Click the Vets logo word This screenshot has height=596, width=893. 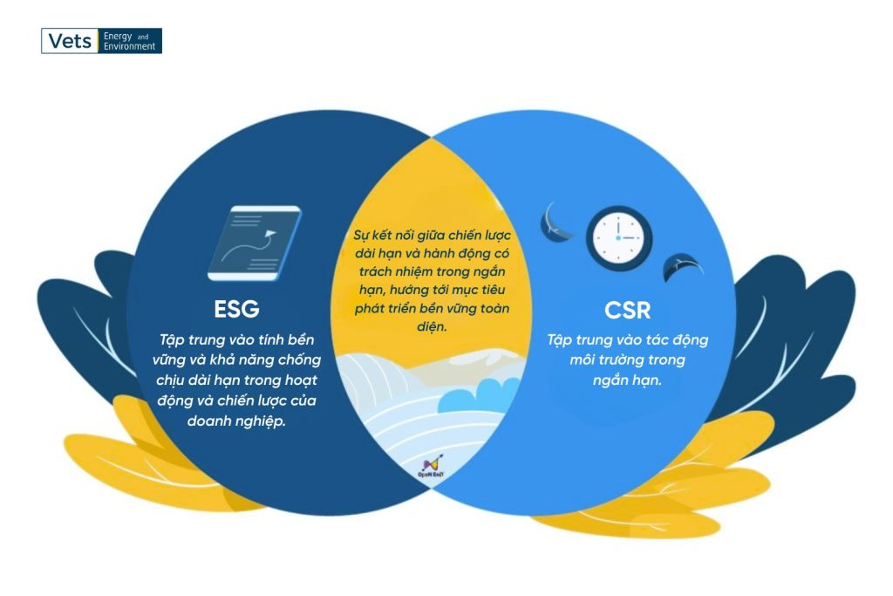point(71,41)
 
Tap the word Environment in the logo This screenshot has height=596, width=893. point(129,46)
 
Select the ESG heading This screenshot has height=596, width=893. point(236,310)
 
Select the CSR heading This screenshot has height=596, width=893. point(628,310)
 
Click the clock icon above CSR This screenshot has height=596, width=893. point(619,236)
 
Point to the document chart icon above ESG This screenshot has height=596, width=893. point(254,243)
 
